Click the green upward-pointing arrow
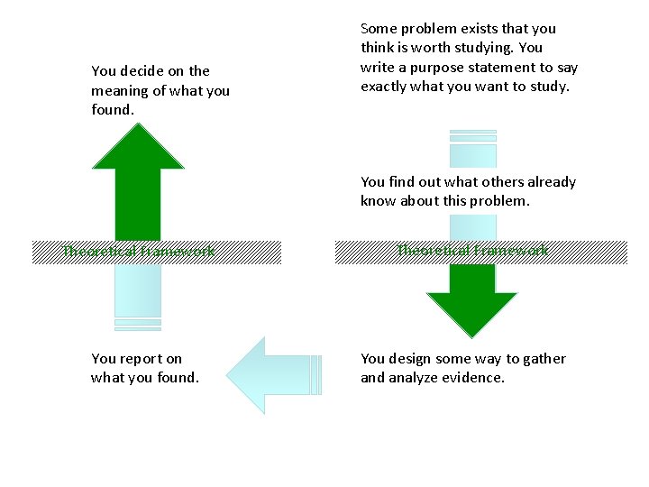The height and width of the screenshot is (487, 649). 138,180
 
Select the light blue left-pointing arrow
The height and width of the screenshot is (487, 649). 270,374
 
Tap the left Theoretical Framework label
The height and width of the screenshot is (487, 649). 139,252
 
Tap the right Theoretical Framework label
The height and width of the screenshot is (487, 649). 473,251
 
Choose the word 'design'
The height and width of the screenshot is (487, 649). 413,359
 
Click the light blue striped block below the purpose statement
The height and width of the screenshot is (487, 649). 472,149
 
